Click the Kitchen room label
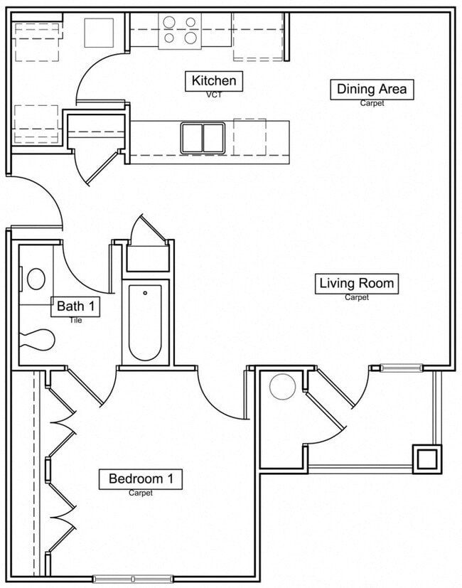[x=214, y=81]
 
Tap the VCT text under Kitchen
[x=214, y=95]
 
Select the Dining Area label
[x=372, y=89]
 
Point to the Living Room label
[x=356, y=283]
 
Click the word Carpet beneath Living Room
[x=357, y=297]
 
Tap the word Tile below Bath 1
[x=76, y=320]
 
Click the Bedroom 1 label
[x=140, y=479]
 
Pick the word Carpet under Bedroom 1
[x=141, y=493]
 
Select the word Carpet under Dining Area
[x=372, y=103]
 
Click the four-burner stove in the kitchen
[x=180, y=31]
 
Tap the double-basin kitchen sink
[x=203, y=137]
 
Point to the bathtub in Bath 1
[x=145, y=324]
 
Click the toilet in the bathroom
[x=36, y=340]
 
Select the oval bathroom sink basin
[x=36, y=278]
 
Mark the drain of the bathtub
[x=145, y=292]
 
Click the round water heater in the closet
[x=282, y=386]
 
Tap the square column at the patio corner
[x=427, y=459]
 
